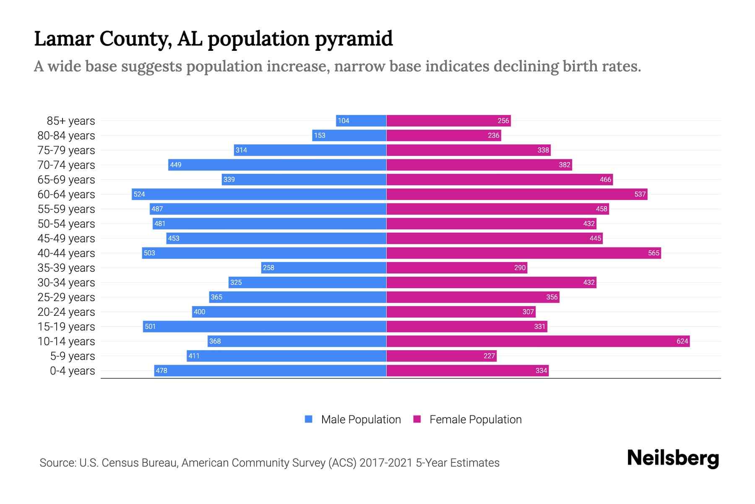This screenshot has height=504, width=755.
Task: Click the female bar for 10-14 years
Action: coord(538,341)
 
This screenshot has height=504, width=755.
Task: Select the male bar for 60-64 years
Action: coord(259,194)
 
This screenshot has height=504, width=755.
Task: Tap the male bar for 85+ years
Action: coord(361,121)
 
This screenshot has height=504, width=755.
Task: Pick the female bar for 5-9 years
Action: coord(441,356)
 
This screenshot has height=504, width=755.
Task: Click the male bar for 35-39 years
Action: coord(323,268)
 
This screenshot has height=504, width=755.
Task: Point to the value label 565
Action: coord(653,253)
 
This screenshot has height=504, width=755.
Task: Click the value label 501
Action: coord(150,326)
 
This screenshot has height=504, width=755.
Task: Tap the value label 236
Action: coord(493,135)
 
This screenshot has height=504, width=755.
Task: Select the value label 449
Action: coord(176,165)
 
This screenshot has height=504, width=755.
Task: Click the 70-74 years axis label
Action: coord(66,165)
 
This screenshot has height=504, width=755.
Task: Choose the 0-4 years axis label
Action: coord(72,370)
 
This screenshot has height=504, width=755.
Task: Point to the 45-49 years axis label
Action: coord(66,238)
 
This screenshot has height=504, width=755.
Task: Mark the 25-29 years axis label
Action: coord(66,297)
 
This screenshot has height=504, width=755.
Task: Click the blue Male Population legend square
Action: coord(309,419)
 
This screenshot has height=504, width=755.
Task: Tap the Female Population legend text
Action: coord(475,419)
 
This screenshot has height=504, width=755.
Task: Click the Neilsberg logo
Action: coord(673,458)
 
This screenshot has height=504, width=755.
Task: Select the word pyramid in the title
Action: coord(354,39)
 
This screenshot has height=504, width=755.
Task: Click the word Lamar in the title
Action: coord(64,39)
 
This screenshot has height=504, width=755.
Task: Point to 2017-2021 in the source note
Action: coord(386,462)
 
